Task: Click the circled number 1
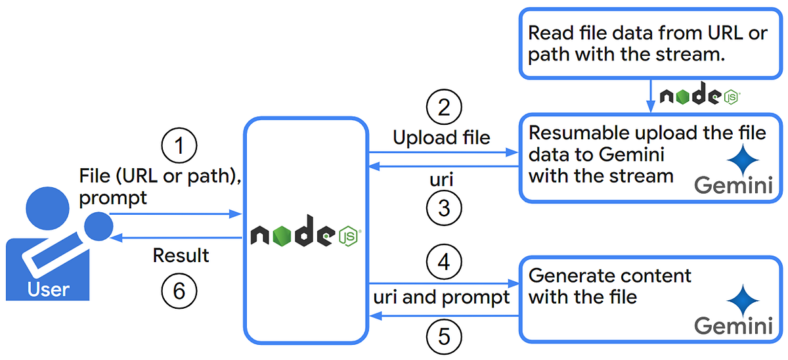click(179, 145)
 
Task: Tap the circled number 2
click(444, 106)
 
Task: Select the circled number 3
click(444, 208)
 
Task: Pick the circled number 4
click(444, 262)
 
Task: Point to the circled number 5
click(444, 336)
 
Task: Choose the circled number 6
click(179, 291)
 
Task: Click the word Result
click(181, 255)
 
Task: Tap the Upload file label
click(441, 137)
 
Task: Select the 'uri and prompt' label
click(441, 298)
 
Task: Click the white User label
click(48, 289)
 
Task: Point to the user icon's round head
click(47, 208)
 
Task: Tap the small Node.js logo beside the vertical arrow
click(700, 93)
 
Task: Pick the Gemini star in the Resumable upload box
click(743, 160)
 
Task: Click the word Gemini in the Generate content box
click(733, 326)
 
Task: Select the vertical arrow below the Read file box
click(651, 96)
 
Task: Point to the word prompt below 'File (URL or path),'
click(112, 198)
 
